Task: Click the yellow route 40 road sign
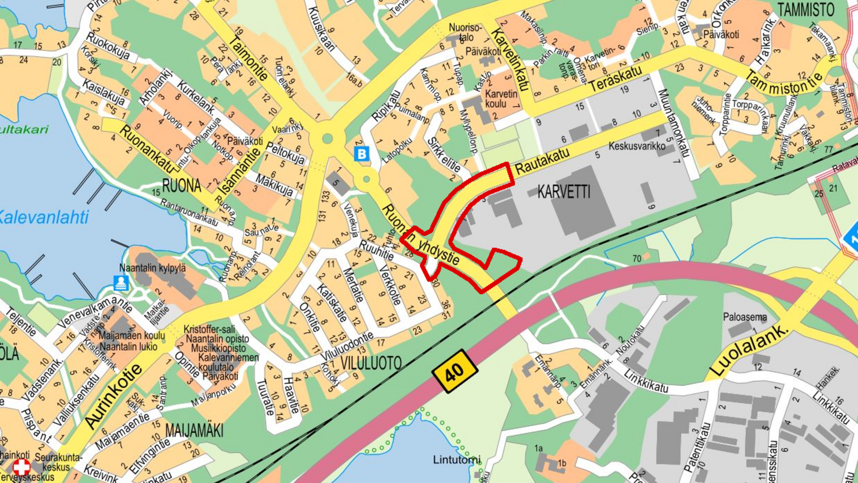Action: point(455,371)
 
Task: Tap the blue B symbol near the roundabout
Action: point(361,154)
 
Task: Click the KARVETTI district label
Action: point(564,192)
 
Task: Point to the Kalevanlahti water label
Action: point(44,217)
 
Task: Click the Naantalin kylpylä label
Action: point(152,268)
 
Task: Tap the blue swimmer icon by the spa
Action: point(121,283)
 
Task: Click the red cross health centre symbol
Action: point(21,467)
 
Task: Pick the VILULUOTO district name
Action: point(371,363)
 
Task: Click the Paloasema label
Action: point(744,317)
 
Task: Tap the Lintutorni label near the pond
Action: point(457,460)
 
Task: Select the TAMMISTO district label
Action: point(806,10)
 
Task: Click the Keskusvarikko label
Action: point(636,146)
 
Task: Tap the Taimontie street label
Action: point(248,58)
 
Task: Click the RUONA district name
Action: point(181,185)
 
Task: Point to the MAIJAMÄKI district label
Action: point(194,431)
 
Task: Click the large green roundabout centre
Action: point(327,139)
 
